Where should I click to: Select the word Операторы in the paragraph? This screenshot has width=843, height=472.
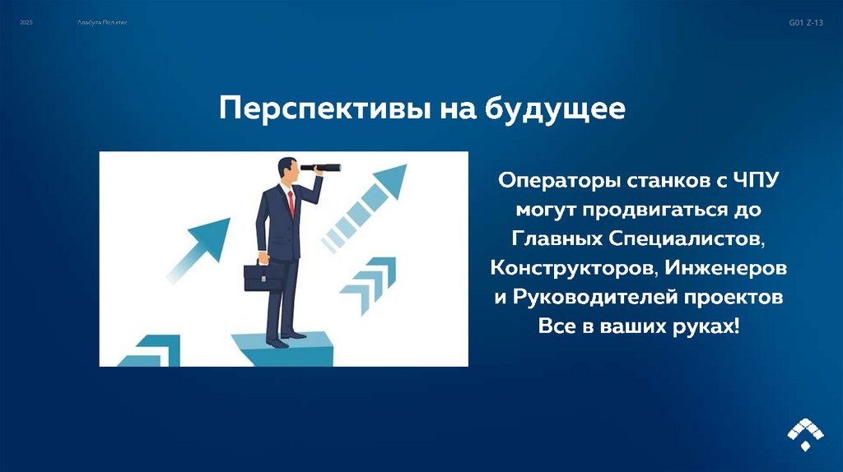coord(557,179)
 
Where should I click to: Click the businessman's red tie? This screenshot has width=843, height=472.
coord(291,201)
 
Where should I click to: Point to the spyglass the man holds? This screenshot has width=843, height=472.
coord(321,168)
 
